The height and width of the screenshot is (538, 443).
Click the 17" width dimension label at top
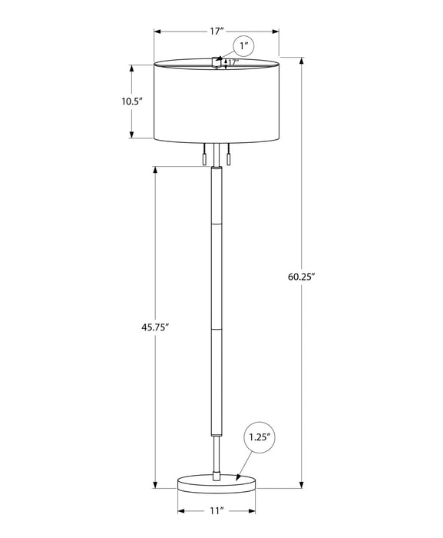click(217, 32)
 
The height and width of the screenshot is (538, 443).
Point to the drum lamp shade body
click(216, 104)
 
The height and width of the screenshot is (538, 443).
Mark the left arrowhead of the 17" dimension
click(157, 32)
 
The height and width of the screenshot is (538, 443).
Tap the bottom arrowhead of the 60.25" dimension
click(300, 484)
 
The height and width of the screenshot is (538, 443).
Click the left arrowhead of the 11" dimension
click(180, 510)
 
